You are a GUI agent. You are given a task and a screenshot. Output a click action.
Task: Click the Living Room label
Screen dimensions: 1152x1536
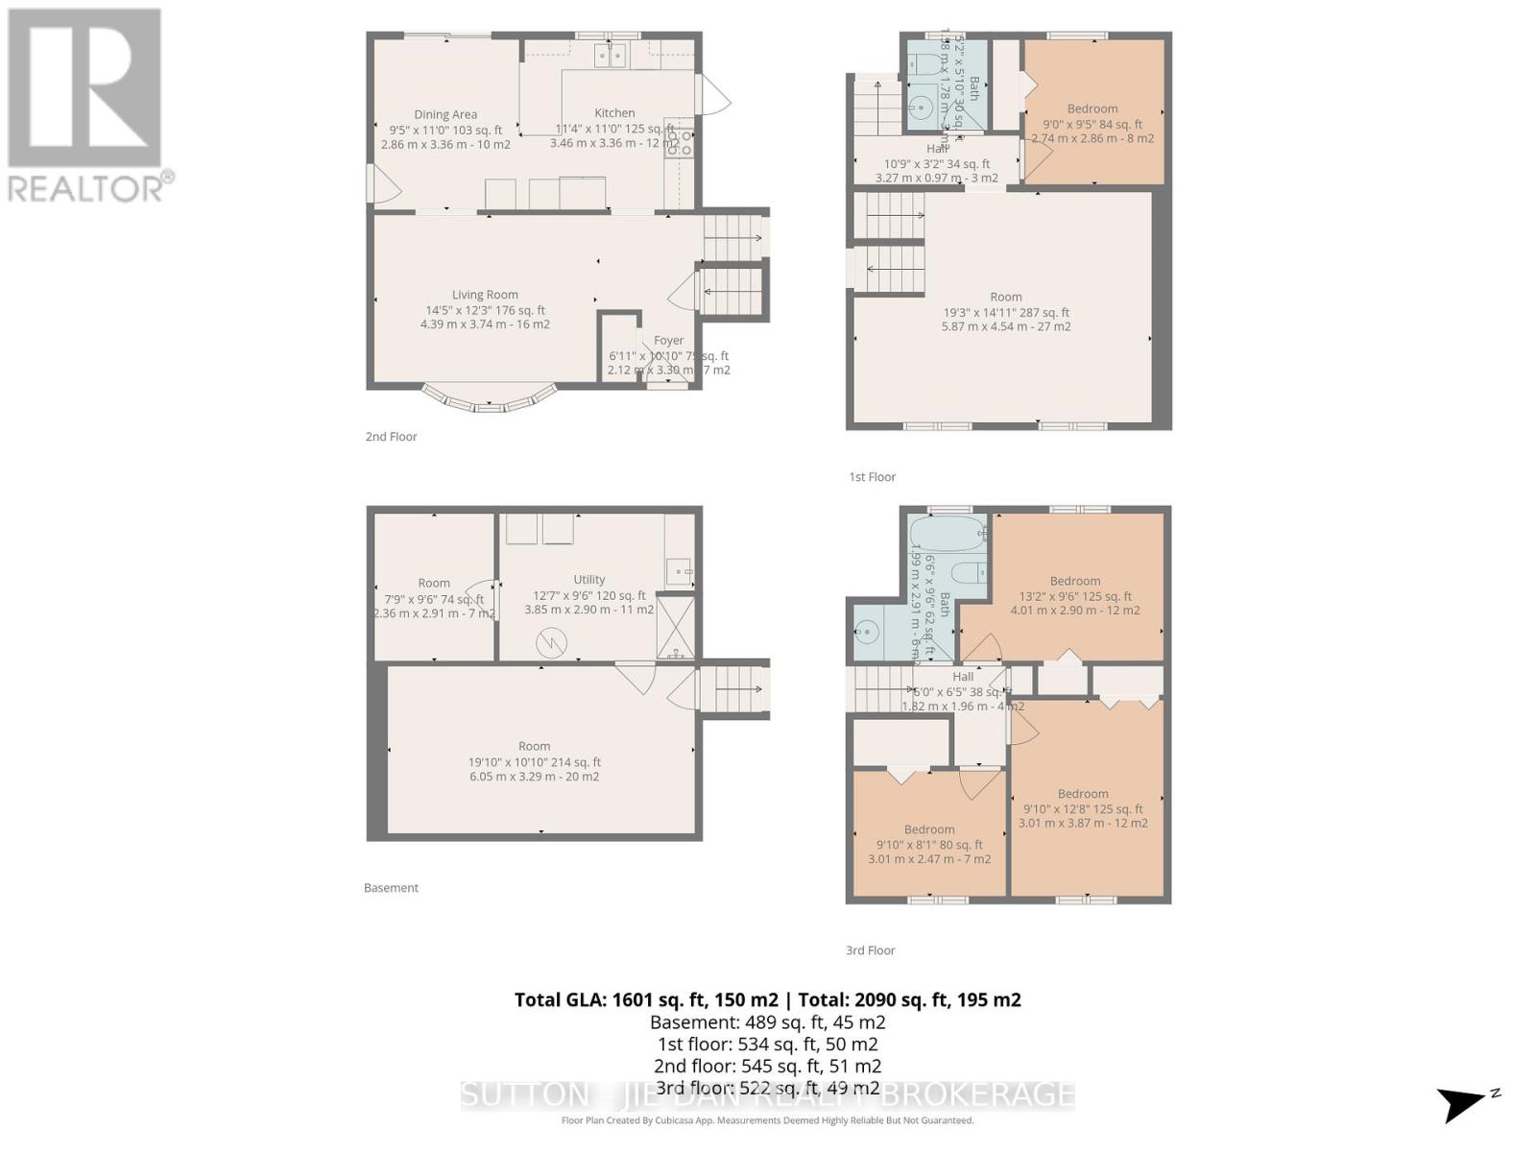[485, 295]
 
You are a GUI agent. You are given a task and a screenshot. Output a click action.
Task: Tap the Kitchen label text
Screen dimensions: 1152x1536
[614, 112]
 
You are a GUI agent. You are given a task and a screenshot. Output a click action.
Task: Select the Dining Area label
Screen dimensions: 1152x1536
[445, 114]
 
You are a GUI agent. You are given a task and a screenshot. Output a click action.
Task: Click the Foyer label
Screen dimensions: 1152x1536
[668, 340]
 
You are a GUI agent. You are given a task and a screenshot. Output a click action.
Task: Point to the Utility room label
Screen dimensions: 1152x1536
[588, 579]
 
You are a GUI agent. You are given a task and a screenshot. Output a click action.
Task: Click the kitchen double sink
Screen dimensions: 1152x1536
[610, 57]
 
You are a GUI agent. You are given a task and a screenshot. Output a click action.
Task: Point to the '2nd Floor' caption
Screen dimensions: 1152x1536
[391, 437]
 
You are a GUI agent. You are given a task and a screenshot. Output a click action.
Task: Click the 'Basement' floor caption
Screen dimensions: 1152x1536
[391, 888]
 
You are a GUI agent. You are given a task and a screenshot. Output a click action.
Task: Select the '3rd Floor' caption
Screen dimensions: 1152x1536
[870, 950]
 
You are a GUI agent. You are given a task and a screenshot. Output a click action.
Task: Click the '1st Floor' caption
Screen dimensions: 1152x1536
[872, 477]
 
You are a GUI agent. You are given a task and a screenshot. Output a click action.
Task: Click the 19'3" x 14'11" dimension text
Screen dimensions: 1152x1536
[1005, 312]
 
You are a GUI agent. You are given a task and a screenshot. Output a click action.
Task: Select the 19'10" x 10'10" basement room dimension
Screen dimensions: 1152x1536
[534, 762]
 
